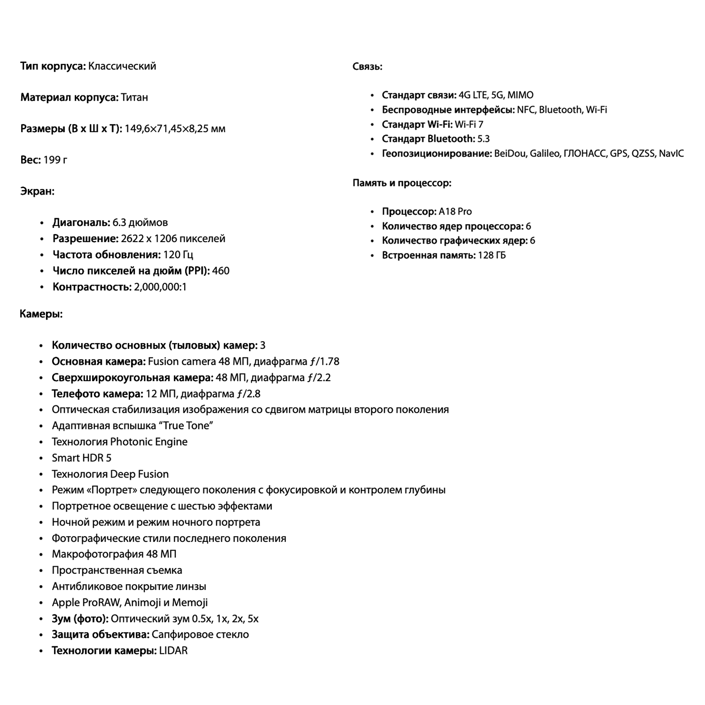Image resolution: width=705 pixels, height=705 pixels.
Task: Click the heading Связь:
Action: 367,67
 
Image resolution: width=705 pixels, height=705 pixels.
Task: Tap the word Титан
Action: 134,97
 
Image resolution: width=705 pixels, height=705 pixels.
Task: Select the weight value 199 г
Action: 55,160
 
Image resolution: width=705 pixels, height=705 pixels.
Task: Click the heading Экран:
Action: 37,191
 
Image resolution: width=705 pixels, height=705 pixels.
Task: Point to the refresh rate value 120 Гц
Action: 178,255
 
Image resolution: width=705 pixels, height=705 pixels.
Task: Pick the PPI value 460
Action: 221,271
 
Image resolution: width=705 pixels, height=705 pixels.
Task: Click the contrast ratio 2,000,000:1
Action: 160,287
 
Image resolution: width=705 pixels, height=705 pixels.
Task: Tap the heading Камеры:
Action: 41,314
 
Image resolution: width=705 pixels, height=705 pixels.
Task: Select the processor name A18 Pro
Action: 455,211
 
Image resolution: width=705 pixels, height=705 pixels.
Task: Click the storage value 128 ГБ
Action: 492,255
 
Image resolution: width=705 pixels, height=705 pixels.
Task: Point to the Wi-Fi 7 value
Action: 469,125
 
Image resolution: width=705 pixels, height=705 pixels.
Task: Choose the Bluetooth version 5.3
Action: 484,139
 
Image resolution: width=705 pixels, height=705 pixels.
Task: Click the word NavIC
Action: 671,153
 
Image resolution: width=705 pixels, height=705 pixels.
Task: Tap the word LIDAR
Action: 173,651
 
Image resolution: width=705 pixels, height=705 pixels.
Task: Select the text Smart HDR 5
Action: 82,458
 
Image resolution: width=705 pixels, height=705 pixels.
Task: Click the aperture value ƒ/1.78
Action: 324,361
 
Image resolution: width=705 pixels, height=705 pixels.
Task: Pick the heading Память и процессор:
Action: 402,183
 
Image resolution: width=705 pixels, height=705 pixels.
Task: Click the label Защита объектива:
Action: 101,634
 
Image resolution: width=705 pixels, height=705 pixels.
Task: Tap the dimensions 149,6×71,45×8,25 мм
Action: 175,129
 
